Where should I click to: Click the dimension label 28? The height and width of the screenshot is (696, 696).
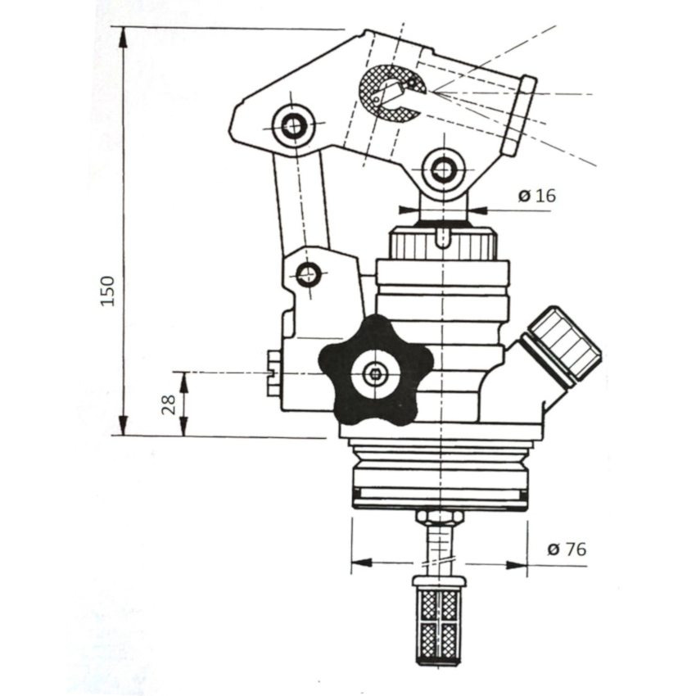point(169,404)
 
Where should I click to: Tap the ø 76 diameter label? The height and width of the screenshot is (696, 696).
point(567,549)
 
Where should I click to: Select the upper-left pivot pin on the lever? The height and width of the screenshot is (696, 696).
point(293,126)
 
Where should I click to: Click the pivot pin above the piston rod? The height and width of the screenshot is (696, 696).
point(443,169)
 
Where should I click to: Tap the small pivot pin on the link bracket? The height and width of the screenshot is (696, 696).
point(308,274)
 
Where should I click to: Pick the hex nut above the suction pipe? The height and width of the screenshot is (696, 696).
point(440,517)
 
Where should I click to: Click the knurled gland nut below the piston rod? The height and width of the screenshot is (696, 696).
point(442,243)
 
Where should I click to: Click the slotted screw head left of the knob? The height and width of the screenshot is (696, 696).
point(273,373)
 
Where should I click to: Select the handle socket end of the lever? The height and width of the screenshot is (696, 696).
point(519,115)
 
